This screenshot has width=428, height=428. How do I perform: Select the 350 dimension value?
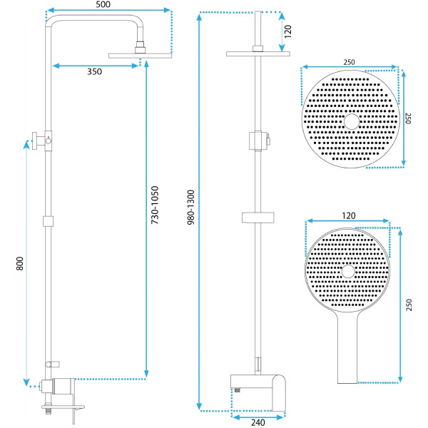[94, 72]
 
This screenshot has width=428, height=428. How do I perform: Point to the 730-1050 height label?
[156, 207]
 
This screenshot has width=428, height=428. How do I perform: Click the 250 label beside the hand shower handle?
[409, 303]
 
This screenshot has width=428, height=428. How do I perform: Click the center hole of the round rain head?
[351, 121]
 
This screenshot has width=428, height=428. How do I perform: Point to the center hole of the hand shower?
[347, 272]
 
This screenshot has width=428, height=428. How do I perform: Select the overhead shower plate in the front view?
[258, 53]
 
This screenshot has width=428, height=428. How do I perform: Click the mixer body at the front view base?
[258, 388]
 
